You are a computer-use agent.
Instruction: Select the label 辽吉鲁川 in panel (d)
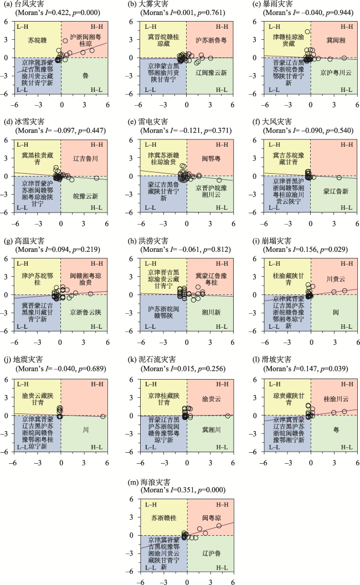85,158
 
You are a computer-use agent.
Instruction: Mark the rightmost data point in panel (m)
219,525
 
